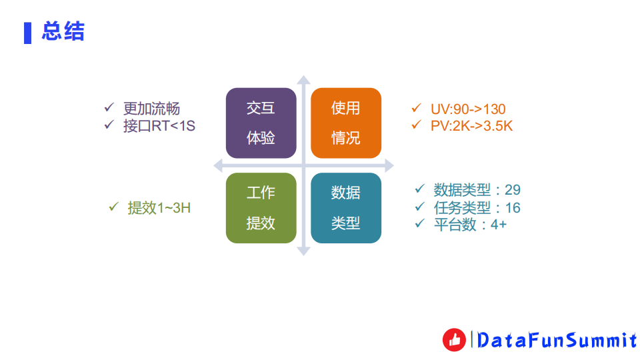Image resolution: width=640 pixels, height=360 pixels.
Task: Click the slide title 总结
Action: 63,31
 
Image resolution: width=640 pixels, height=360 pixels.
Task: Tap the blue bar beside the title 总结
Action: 27,32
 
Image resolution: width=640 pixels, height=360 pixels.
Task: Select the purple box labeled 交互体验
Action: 261,123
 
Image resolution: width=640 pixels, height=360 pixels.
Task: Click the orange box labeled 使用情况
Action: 346,123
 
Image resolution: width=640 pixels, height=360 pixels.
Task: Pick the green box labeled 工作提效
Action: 261,208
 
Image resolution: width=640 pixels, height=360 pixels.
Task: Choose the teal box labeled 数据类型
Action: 346,208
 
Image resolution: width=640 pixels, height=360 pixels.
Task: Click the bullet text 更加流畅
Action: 151,109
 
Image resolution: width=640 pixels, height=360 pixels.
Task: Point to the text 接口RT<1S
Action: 159,125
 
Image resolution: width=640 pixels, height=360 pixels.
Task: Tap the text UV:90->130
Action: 468,109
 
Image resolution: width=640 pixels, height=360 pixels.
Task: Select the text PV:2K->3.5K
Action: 471,125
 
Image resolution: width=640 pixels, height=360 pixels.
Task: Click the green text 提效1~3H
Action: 159,207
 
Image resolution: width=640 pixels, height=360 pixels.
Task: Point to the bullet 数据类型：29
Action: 477,189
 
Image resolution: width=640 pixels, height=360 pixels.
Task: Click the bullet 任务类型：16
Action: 477,207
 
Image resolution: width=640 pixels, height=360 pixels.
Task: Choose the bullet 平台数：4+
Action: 470,225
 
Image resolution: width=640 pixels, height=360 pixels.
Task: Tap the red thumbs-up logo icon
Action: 454,340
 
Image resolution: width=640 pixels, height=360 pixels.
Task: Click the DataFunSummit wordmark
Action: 557,341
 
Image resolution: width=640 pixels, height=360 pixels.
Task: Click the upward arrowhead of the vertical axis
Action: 303,81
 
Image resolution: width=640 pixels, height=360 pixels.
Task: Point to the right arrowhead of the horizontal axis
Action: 389,165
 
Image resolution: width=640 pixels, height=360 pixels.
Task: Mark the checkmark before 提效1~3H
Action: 113,207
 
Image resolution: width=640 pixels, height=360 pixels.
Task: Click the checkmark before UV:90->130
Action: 417,108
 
